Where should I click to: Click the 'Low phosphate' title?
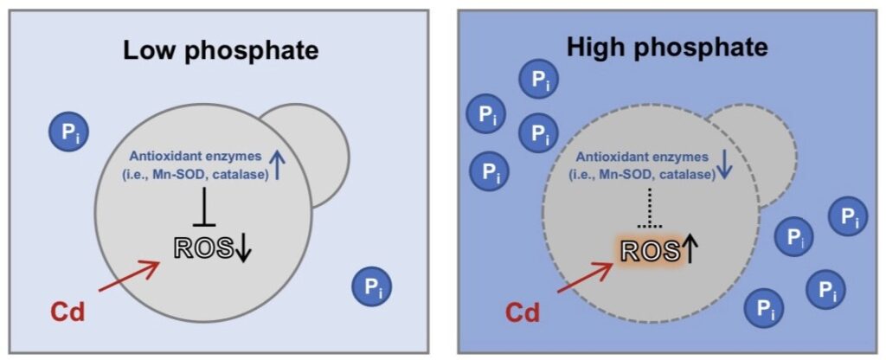click(221, 51)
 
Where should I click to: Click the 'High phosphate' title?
click(667, 48)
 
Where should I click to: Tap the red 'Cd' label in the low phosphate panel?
click(67, 312)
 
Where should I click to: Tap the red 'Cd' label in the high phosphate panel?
click(522, 312)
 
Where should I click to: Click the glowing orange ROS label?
click(650, 250)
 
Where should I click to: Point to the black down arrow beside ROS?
click(243, 249)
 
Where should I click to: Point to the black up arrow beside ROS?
click(690, 249)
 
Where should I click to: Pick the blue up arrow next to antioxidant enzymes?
click(277, 165)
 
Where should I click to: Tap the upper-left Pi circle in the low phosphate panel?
click(68, 132)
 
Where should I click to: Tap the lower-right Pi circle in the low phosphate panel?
click(371, 286)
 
